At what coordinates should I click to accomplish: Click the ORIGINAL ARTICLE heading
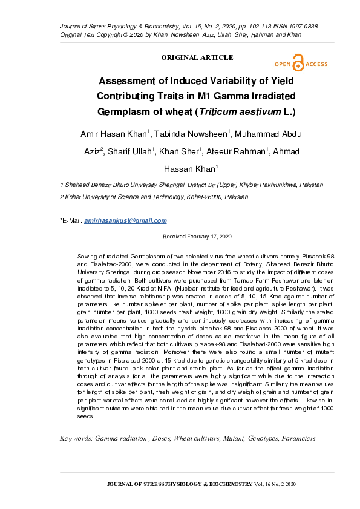[197, 57]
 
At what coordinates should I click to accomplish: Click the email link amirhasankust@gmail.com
[125, 221]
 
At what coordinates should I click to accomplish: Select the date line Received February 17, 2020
[197, 237]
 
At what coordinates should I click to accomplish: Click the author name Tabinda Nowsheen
[193, 134]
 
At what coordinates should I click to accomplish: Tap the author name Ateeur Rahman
[238, 151]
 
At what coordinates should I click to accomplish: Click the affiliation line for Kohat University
[154, 197]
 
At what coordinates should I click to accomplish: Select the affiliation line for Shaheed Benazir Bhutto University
[191, 185]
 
